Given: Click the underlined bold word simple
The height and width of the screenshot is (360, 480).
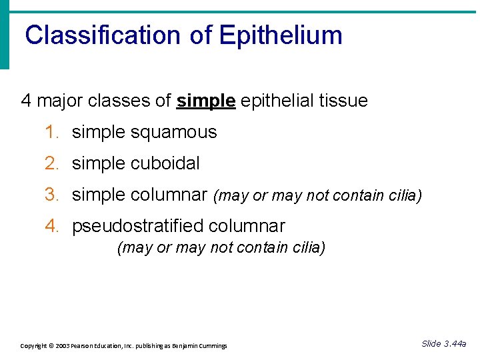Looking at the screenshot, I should point(205,101).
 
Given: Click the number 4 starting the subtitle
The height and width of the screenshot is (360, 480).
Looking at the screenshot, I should point(27,101).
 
